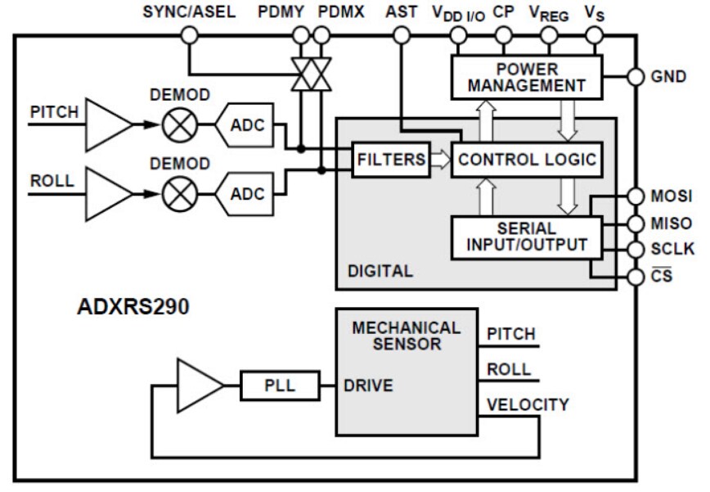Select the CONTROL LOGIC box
click(x=527, y=159)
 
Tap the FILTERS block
click(x=391, y=159)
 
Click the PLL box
click(x=268, y=384)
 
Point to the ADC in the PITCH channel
click(x=245, y=125)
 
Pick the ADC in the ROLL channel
click(x=245, y=194)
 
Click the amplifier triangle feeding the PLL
click(x=192, y=384)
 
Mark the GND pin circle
click(x=635, y=77)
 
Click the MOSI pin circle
click(x=635, y=196)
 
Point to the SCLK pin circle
click(x=635, y=250)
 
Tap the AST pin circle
click(x=401, y=35)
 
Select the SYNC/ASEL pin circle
click(x=190, y=35)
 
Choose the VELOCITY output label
click(x=528, y=404)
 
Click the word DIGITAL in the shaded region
click(x=380, y=270)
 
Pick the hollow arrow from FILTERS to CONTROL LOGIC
click(x=440, y=159)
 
